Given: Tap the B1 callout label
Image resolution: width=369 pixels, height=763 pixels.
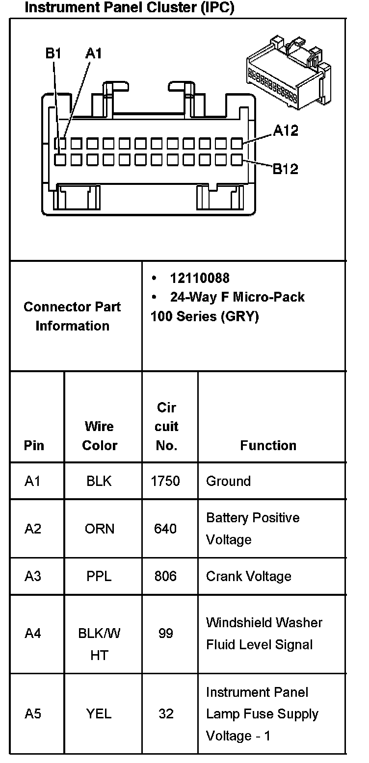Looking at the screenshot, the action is (53, 53).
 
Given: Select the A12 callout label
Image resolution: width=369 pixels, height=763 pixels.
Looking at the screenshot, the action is (286, 130).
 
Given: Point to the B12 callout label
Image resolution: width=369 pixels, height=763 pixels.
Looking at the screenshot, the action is (285, 169).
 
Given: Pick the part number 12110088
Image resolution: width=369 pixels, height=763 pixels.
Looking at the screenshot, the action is (199, 278).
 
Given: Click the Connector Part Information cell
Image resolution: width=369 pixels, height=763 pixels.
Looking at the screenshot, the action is (72, 316).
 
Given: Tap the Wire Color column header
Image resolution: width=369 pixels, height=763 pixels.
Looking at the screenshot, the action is (100, 435).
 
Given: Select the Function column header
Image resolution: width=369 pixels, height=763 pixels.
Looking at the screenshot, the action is (268, 445).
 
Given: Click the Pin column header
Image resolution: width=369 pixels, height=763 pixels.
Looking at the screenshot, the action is (34, 445).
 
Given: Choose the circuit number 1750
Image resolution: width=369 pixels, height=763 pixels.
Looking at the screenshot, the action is (166, 481).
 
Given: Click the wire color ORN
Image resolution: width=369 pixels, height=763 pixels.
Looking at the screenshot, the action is (100, 529).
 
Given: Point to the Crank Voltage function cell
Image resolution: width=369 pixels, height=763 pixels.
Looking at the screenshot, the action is (249, 576).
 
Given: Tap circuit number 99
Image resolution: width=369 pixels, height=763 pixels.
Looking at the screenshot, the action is (166, 634).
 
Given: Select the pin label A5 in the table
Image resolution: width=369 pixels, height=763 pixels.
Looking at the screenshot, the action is (33, 713).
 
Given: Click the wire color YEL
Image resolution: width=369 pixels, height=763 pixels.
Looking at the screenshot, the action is (99, 713).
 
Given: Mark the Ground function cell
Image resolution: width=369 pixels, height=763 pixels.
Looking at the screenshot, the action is (228, 481).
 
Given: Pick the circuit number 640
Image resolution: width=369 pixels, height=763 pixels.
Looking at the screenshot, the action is (166, 529).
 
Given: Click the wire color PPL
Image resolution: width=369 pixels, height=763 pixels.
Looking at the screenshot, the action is (99, 576).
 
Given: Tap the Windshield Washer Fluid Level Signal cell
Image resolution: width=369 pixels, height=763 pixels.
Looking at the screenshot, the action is (264, 634).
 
